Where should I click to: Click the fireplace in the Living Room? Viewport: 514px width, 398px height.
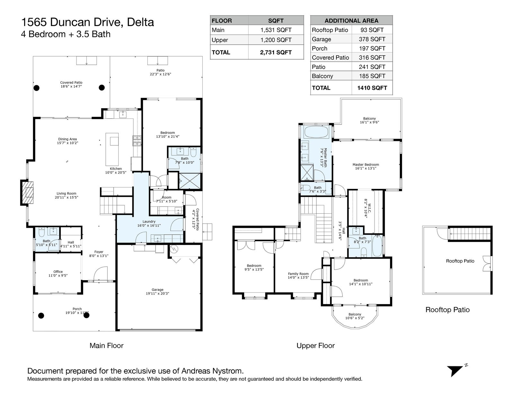27,193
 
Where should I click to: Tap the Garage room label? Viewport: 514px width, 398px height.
157,292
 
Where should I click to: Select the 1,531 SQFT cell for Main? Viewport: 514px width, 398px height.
276,30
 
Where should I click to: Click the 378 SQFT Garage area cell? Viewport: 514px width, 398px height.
372,39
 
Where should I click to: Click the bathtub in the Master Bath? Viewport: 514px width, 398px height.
316,132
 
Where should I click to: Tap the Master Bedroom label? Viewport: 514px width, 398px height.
366,166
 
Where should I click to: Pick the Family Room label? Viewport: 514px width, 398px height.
298,275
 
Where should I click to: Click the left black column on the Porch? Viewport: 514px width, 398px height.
41,316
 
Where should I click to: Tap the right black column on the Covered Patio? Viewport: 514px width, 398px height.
102,88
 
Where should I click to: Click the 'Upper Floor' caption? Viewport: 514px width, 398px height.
315,346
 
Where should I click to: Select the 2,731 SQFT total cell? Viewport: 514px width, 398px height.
276,52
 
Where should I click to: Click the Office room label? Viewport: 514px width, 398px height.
58,273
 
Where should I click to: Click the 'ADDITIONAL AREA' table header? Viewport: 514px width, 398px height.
351,21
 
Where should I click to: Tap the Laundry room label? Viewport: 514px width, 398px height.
149,223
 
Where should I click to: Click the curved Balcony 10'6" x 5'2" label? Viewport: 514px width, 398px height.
355,316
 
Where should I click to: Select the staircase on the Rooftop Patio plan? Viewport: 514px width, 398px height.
470,233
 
